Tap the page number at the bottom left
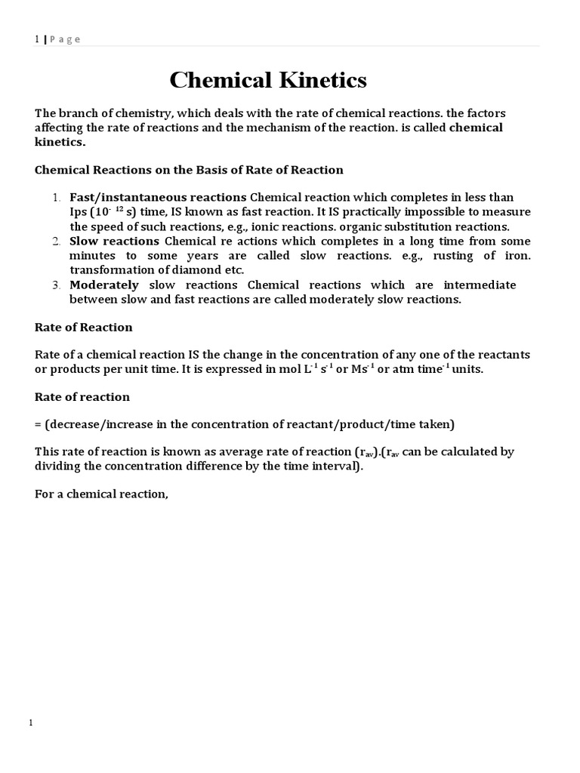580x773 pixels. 31,723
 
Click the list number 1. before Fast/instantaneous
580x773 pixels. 57,198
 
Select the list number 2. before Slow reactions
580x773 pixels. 57,242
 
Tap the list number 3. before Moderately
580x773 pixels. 57,285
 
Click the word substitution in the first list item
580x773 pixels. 412,226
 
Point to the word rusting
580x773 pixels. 453,256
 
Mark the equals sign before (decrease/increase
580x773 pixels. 39,424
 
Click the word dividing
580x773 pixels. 58,467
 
